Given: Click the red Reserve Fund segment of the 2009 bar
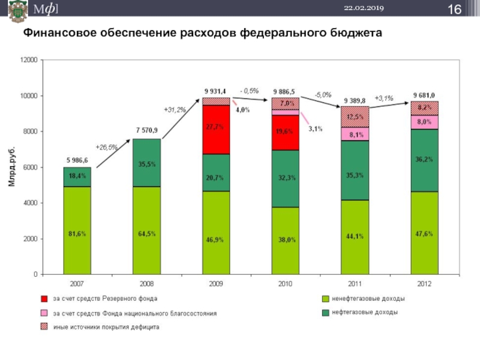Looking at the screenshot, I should click(x=216, y=130).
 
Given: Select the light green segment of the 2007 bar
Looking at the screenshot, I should click(x=77, y=231).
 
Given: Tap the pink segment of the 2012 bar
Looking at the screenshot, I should click(x=424, y=122).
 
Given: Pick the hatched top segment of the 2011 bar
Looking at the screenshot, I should click(x=355, y=116).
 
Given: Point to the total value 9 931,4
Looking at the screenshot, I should click(x=216, y=91).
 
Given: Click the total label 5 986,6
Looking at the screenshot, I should click(x=77, y=160).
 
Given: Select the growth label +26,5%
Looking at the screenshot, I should click(x=107, y=147).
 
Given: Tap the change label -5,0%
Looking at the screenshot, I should click(x=323, y=95).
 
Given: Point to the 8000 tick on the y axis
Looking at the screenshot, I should click(x=29, y=131).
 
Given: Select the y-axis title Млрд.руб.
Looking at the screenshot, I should click(x=13, y=166).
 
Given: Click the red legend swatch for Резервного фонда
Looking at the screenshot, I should click(x=44, y=298).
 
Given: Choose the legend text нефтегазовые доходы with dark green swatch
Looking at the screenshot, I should click(x=364, y=313).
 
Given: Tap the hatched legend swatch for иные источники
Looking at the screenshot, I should click(x=44, y=327).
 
